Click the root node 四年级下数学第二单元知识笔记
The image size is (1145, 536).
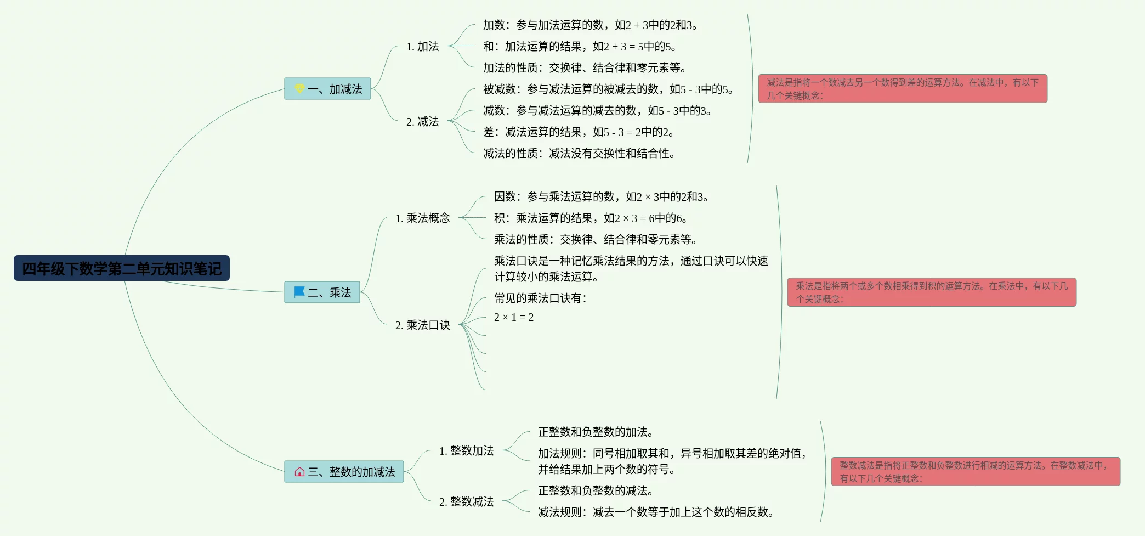point(121,268)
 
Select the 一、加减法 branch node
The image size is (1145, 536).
point(327,89)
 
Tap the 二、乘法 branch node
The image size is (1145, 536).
point(322,292)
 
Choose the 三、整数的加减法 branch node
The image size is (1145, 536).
point(344,472)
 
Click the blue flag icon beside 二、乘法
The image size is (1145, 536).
point(299,292)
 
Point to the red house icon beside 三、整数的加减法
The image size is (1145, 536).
point(299,472)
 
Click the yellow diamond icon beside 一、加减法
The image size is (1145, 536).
point(299,88)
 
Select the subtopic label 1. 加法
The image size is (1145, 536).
point(422,47)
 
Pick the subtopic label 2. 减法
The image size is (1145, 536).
point(422,122)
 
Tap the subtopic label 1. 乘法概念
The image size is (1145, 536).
point(422,218)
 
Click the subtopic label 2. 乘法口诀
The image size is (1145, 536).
point(422,325)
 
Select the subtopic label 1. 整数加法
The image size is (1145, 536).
point(466,451)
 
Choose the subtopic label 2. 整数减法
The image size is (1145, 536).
point(466,502)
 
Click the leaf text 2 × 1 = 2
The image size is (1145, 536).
point(514,317)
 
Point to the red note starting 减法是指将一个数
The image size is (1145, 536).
point(903,89)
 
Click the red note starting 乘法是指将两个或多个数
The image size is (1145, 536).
point(932,292)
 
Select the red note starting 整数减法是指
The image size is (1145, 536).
point(976,472)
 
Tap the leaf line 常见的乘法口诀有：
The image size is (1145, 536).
point(540,298)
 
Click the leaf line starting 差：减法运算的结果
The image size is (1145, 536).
point(578,132)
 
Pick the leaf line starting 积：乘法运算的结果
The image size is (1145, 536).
point(590,218)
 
